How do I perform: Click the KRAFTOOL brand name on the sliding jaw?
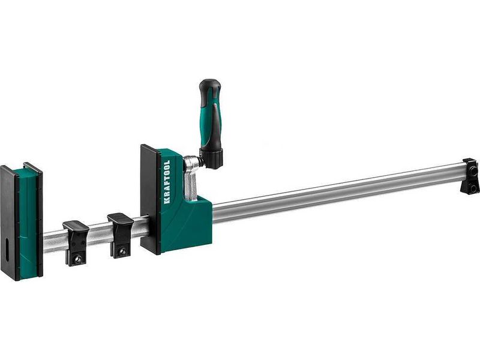[x=167, y=182]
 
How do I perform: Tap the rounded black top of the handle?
[x=209, y=86]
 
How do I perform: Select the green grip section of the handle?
[x=211, y=122]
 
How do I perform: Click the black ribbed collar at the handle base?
[x=211, y=158]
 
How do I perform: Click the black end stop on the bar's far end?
[x=470, y=176]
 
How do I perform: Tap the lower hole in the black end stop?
[x=474, y=187]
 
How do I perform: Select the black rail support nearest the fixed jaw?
[x=76, y=244]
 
